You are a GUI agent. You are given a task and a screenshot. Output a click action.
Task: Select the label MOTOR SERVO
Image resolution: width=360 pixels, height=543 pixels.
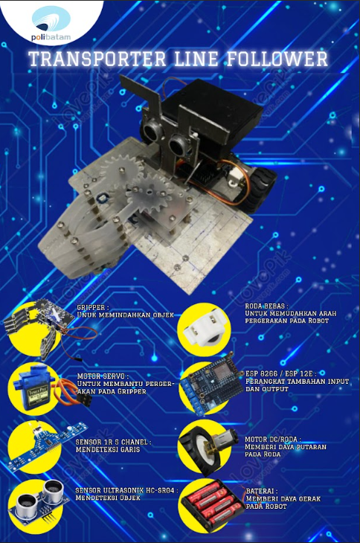coord(103,376)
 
